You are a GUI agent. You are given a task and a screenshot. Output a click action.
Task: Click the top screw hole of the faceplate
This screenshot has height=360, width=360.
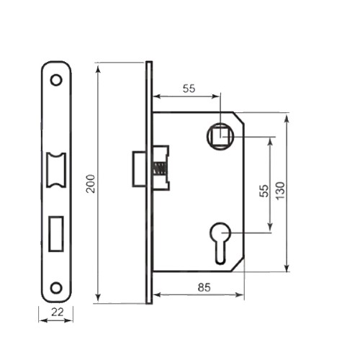point(55,80)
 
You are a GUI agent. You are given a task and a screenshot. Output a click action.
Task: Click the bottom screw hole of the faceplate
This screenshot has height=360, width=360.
point(55,287)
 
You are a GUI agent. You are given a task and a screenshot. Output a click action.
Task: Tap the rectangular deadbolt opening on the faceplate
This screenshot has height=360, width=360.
point(55,233)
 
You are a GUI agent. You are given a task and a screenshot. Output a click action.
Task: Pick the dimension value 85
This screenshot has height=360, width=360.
point(203,287)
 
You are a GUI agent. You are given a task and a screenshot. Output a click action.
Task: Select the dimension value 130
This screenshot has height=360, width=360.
point(280,191)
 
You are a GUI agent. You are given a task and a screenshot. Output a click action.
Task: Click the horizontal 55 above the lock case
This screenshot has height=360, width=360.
point(189,89)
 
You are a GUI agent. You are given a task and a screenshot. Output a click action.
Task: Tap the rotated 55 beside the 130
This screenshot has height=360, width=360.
point(264,191)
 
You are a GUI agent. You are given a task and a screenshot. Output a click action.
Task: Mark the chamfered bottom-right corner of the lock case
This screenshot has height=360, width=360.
point(238,266)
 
